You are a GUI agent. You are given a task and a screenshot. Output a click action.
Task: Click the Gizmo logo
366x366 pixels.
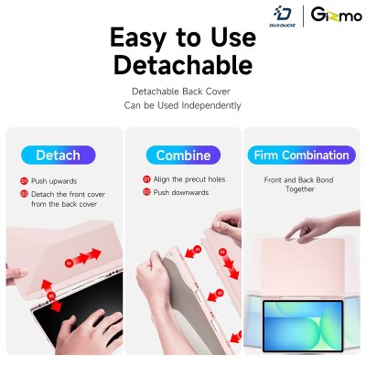337,15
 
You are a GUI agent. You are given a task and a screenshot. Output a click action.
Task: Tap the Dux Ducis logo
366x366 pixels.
282,16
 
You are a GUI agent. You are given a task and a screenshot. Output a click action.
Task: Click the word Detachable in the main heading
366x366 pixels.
183,65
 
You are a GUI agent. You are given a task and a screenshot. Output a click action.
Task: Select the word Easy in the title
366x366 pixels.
138,38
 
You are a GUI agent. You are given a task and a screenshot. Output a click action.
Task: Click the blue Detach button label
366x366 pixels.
59,155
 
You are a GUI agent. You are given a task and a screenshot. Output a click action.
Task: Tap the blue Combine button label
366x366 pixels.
183,155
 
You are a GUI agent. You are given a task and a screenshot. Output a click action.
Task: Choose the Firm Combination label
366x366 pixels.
301,155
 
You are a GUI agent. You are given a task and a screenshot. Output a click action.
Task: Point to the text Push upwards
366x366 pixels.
54,181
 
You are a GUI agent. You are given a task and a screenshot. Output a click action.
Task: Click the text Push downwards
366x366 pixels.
181,192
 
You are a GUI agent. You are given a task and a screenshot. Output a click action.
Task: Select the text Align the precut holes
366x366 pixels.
189,179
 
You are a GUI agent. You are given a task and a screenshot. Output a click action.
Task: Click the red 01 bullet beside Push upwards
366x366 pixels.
24,181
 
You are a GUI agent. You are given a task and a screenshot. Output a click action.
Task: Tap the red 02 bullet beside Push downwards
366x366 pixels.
146,192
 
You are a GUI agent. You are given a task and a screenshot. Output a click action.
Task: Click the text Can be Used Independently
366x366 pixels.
182,105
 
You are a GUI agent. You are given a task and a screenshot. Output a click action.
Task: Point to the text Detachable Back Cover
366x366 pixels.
181,91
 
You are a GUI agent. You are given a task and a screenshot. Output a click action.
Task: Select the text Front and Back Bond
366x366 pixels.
298,180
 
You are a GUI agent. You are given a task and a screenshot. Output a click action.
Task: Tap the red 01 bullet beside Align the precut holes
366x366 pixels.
146,179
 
